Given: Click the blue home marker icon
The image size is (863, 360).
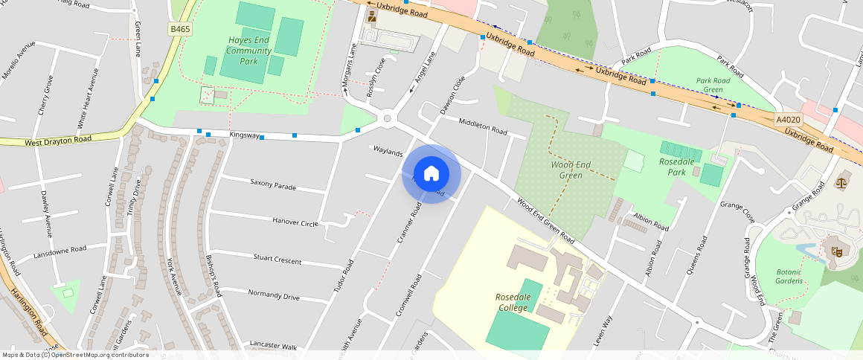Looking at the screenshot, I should coord(431,174).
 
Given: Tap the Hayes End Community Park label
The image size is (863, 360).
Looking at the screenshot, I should coord(249,51).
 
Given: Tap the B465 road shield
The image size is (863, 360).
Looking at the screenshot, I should coord(180,29).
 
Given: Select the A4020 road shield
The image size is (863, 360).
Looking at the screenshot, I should coord(788,120).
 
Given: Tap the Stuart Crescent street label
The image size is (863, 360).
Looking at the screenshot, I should coord(277,260).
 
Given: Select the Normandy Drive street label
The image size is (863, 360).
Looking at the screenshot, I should coord(274,295).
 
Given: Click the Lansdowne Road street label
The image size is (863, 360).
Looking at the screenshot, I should coord(60,251).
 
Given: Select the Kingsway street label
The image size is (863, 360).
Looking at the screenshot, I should coord(245,135).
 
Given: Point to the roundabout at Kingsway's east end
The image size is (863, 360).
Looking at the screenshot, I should coord(387,118).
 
